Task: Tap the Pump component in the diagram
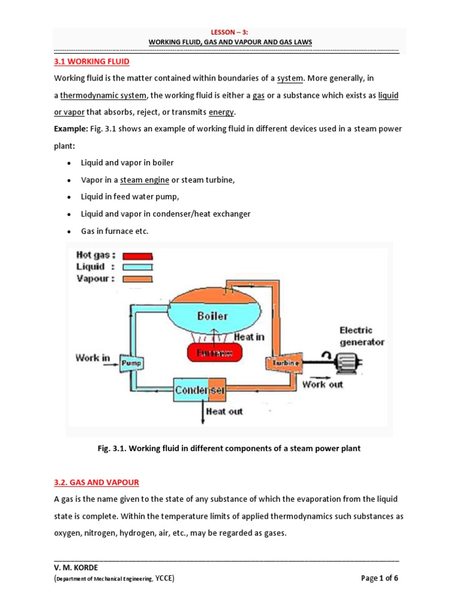(130, 362)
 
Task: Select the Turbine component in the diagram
(281, 362)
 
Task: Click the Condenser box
(200, 391)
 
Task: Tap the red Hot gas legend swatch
(137, 255)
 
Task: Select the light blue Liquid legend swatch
(137, 267)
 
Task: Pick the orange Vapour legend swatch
(137, 279)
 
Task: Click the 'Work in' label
(92, 358)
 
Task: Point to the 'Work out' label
(323, 385)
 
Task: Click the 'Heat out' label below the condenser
(224, 411)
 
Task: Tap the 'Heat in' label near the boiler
(249, 337)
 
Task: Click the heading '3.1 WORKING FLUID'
(91, 61)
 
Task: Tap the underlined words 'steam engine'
(145, 180)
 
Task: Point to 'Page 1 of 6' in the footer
(380, 578)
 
